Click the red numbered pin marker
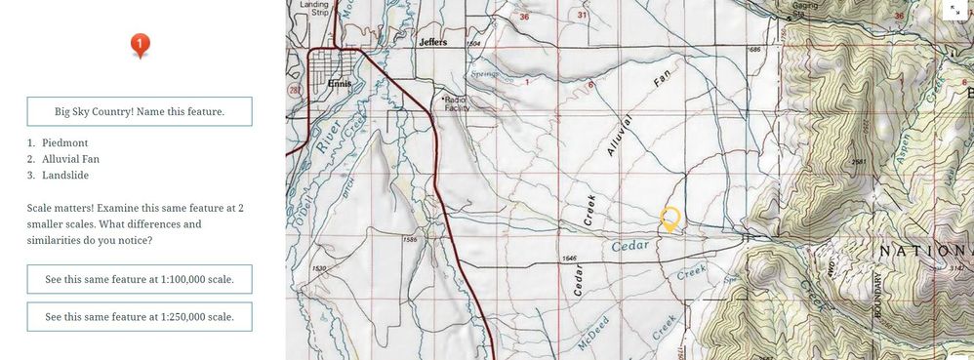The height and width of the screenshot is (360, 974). click(141, 44)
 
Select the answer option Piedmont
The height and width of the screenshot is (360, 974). click(64, 142)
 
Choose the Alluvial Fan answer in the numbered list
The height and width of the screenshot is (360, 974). click(70, 159)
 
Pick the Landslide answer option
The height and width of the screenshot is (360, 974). click(66, 176)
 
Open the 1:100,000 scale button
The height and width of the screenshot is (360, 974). click(140, 279)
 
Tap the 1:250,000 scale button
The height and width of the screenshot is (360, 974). click(140, 317)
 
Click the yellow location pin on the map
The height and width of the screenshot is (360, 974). click(670, 219)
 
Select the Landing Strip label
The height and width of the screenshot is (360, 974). click(313, 9)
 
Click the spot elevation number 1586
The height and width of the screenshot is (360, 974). click(410, 239)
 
